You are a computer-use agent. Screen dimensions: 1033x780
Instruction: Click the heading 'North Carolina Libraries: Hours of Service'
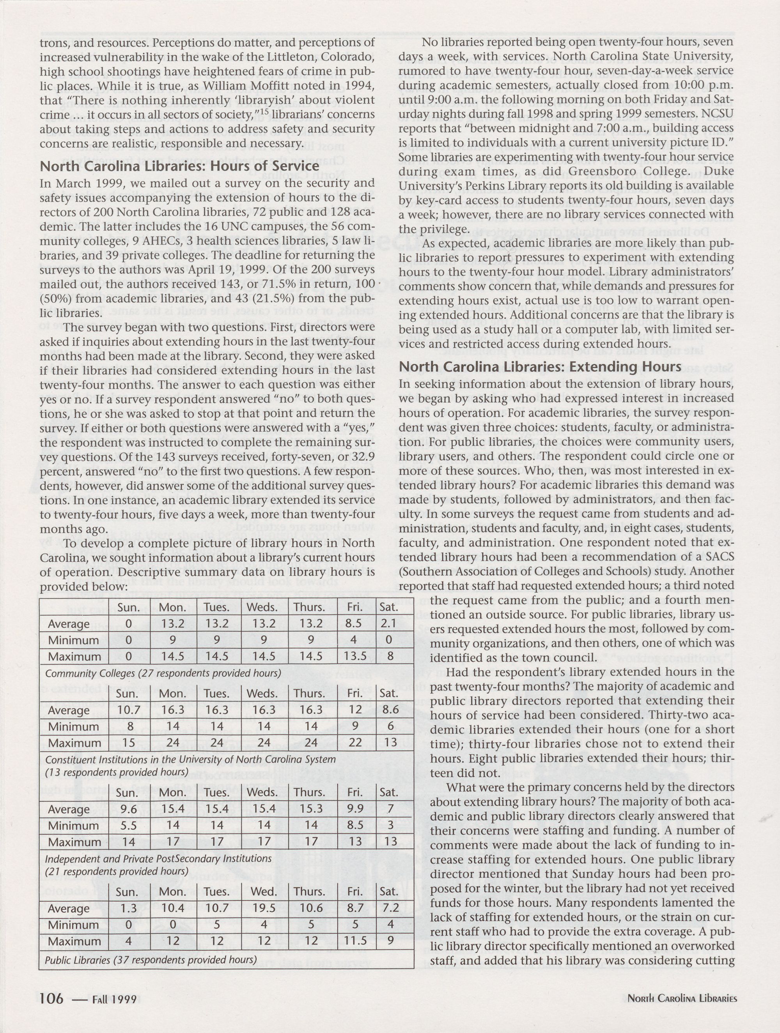(179, 166)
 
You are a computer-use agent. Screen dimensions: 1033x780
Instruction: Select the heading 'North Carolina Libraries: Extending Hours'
(540, 367)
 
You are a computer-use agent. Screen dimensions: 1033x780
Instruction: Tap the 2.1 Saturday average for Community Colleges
(388, 623)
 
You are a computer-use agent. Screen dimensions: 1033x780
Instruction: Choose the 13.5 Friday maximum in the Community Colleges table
(355, 656)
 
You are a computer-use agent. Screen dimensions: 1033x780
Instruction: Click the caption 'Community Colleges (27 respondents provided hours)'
(163, 673)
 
